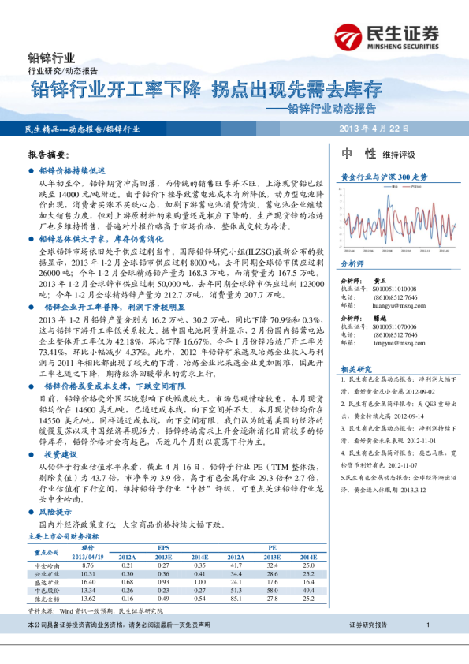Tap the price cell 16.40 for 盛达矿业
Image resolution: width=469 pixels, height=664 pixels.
(87, 582)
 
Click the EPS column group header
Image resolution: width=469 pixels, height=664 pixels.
(163, 546)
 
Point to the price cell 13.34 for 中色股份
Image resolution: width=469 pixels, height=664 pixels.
(87, 590)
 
